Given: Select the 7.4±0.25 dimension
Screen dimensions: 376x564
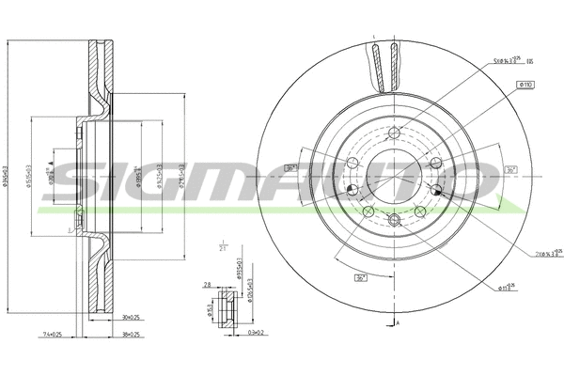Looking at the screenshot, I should (x=51, y=334).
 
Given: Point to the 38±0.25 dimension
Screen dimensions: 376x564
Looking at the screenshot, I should (x=130, y=334).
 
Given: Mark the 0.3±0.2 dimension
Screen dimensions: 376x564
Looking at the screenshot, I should (x=257, y=333).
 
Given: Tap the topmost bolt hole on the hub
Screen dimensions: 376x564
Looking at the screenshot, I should (x=395, y=132).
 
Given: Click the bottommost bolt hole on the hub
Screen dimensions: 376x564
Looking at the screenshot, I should (x=394, y=220).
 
